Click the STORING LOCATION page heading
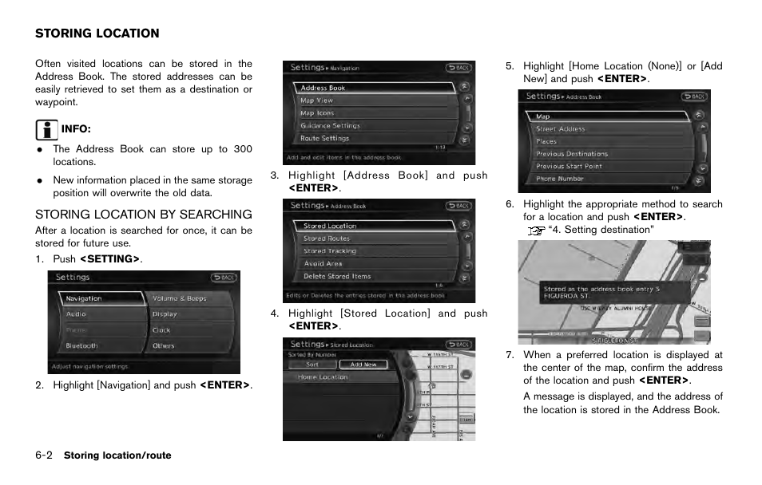[x=97, y=34]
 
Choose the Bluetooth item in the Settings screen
[x=81, y=346]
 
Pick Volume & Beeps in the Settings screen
[x=179, y=298]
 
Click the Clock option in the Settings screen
[x=161, y=330]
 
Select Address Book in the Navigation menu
[x=323, y=88]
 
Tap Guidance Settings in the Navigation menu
[x=330, y=125]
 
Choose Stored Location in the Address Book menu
[x=330, y=226]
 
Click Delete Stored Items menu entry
[x=336, y=276]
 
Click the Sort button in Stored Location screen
[x=312, y=365]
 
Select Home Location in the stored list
[x=323, y=377]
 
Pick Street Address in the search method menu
[x=560, y=128]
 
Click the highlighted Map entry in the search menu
[x=543, y=116]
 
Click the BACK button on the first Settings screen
[x=224, y=278]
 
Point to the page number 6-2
[x=44, y=455]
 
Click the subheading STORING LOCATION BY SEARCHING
[x=143, y=214]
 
